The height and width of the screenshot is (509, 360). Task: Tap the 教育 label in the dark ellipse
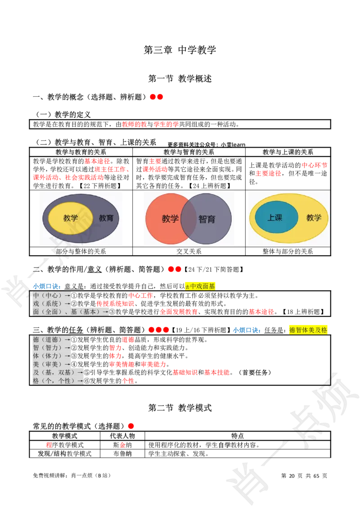pos(106,218)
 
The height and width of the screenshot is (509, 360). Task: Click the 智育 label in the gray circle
pos(207,219)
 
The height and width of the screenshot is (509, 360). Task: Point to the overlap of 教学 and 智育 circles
pos(189,219)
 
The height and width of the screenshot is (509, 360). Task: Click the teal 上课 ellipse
pos(276,217)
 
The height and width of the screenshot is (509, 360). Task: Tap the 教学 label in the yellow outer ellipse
pos(314,218)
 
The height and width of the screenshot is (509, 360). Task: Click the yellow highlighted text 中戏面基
pos(200,286)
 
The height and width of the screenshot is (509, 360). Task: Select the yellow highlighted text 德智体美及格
pos(308,330)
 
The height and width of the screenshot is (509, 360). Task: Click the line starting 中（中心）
pos(52,295)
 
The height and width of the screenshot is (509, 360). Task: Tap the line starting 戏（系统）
pos(52,304)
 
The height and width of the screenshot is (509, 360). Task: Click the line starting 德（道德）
pos(52,339)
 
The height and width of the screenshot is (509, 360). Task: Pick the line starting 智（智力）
pos(52,348)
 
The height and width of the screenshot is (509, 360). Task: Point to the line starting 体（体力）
pos(52,356)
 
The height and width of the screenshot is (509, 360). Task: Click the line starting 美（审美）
pos(52,364)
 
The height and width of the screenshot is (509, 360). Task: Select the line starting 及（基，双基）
pos(58,372)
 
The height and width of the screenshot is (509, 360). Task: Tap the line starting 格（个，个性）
pos(58,380)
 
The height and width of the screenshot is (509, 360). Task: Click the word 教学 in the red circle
pos(170,219)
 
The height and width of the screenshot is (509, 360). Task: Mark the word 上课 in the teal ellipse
pos(275,218)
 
